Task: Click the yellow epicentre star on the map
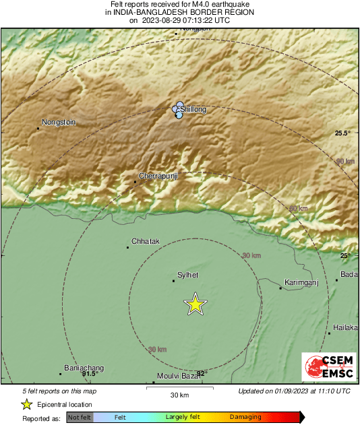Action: tap(195, 304)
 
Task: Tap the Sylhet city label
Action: tap(187, 275)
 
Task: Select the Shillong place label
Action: tap(193, 108)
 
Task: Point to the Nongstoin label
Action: tap(59, 123)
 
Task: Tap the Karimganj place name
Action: tap(301, 282)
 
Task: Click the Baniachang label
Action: tap(84, 367)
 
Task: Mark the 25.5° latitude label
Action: tap(343, 133)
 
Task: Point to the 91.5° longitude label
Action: tap(89, 373)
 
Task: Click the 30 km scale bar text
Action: tap(179, 395)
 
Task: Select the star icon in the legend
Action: tap(26, 404)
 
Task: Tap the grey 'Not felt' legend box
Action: tap(80, 418)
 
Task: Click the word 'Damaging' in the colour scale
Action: tap(245, 418)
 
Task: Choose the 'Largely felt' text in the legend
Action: tap(181, 418)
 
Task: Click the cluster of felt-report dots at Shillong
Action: tap(178, 110)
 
